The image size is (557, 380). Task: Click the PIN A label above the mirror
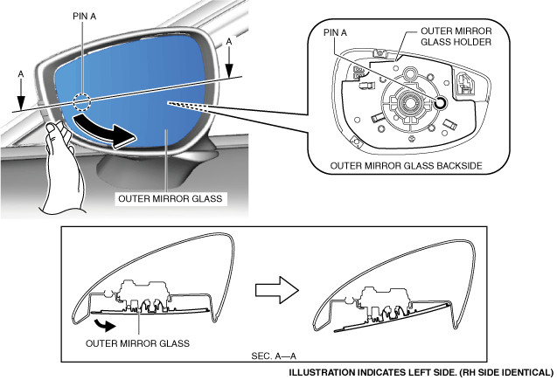click(x=84, y=17)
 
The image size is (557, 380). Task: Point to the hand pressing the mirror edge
click(x=61, y=168)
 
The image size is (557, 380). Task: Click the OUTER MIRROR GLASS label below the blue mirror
click(x=171, y=198)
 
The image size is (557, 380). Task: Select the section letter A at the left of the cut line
click(x=21, y=74)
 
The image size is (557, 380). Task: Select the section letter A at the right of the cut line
click(x=229, y=42)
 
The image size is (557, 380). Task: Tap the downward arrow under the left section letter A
click(x=21, y=94)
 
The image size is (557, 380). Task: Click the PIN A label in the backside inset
click(x=335, y=32)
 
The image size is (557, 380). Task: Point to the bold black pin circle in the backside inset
click(x=441, y=103)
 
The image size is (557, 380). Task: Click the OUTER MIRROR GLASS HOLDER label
click(x=456, y=37)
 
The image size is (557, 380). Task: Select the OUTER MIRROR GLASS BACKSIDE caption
click(x=406, y=166)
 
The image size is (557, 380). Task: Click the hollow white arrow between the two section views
click(x=277, y=290)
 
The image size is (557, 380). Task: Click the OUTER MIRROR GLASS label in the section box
click(x=137, y=343)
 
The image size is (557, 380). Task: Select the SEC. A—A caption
click(x=274, y=356)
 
